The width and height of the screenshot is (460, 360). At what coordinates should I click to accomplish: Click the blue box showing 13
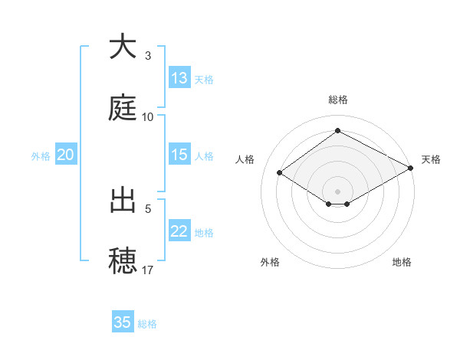[179, 78]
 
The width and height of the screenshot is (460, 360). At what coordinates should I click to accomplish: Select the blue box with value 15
[179, 155]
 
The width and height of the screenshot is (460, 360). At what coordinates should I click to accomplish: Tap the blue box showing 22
[179, 231]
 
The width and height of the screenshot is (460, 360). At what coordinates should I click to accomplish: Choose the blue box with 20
[65, 155]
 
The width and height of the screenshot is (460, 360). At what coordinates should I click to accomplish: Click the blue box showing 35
[123, 322]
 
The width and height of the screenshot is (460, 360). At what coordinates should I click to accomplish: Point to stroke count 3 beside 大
[147, 56]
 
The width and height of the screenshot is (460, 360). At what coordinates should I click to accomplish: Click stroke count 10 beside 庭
[147, 117]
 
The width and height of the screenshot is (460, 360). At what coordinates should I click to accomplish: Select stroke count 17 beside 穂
[147, 270]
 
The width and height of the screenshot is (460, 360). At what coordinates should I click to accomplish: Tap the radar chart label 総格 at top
[337, 100]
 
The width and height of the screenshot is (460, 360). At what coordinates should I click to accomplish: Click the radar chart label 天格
[431, 159]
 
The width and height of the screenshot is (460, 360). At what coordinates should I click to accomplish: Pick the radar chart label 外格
[270, 262]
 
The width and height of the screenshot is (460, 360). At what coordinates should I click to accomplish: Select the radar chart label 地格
[402, 262]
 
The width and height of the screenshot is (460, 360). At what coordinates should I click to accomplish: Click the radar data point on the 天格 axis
[412, 169]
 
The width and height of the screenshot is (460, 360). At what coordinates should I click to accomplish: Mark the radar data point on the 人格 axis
[280, 173]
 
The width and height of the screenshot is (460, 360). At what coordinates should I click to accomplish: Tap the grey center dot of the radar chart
[337, 191]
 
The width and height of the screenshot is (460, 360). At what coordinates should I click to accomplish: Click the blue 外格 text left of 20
[41, 155]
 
